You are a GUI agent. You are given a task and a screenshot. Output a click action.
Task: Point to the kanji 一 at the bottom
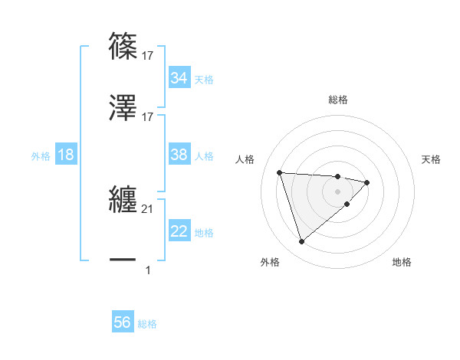pos(123,260)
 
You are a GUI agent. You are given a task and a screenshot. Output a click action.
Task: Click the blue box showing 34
pos(179,78)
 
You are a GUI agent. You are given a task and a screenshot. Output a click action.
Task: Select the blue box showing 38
pos(179,155)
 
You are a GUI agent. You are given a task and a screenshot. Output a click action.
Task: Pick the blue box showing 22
pos(179,231)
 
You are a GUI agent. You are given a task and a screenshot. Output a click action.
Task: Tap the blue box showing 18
pos(66,155)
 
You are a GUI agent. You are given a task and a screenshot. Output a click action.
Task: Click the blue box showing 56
pos(122,322)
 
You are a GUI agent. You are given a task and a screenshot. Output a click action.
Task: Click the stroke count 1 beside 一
pos(148,270)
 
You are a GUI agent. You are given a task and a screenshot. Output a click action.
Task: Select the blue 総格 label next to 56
pos(147,324)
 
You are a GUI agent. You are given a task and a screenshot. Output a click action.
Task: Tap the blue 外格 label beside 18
pos(41,156)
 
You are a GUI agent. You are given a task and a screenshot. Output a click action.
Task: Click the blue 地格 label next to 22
pos(204,233)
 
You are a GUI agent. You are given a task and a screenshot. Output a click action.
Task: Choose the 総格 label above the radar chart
pos(338,100)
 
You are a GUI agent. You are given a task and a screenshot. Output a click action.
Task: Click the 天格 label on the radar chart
pos(431,159)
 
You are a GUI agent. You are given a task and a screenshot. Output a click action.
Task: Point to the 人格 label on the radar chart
pos(246,159)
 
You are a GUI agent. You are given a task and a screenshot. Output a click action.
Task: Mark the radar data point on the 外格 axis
pos(301,242)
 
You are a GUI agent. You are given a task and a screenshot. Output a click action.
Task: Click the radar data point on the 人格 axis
pos(280,172)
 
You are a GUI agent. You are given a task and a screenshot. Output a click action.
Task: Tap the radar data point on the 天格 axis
pos(367,182)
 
